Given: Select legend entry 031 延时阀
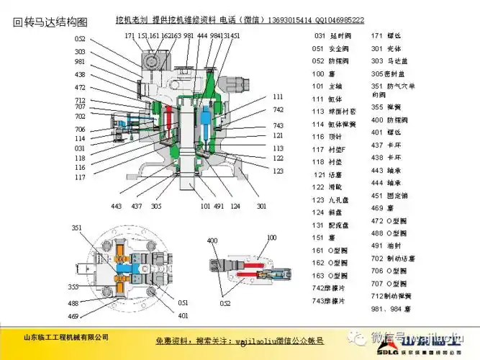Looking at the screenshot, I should [331, 35].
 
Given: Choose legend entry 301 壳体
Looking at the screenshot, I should [386, 48].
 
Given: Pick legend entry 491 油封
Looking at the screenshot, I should [386, 245].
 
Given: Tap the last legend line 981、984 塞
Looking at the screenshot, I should [391, 309].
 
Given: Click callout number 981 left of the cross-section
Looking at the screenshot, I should [79, 62].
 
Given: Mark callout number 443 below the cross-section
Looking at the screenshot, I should [117, 206].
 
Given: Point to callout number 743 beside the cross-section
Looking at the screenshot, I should [278, 125].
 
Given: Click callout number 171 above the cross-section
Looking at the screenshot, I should [129, 35].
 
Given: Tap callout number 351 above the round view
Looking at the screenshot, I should [77, 228].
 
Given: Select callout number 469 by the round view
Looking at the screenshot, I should [73, 316].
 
